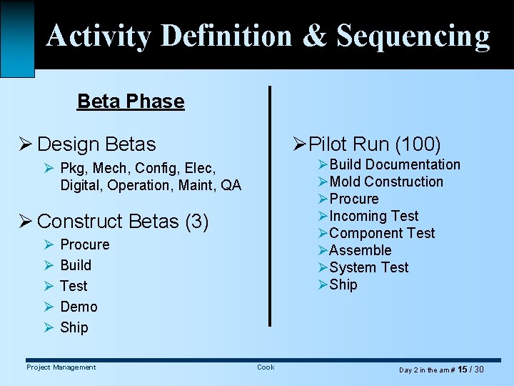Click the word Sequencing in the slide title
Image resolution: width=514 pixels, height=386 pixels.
pyautogui.click(x=413, y=36)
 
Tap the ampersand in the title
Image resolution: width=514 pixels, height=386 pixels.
pyautogui.click(x=314, y=36)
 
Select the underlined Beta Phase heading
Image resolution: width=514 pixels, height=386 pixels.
pyautogui.click(x=131, y=102)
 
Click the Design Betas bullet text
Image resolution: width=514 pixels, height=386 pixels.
pyautogui.click(x=96, y=144)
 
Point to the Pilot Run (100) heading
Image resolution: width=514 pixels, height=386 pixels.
pyautogui.click(x=375, y=144)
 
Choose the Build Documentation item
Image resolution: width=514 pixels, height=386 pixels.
pyautogui.click(x=395, y=165)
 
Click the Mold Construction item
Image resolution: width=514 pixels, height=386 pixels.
pyautogui.click(x=386, y=182)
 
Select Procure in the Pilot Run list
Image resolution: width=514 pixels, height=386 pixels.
pyautogui.click(x=353, y=199)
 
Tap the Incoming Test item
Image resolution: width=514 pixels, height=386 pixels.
pyautogui.click(x=373, y=217)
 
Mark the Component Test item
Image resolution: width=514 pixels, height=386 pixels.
pyautogui.click(x=382, y=234)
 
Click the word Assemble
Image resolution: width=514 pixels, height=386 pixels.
pyautogui.click(x=360, y=251)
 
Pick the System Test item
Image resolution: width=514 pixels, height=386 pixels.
pyautogui.click(x=368, y=268)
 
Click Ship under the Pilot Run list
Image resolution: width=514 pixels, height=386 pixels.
pyautogui.click(x=343, y=285)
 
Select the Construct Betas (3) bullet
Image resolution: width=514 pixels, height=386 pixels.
pyautogui.click(x=122, y=222)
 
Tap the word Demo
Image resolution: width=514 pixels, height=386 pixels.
pyautogui.click(x=79, y=307)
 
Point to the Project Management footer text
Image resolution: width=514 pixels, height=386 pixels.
pyautogui.click(x=61, y=367)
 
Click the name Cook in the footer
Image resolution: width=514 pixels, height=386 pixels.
pyautogui.click(x=266, y=367)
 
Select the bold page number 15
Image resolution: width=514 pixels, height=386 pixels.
pyautogui.click(x=462, y=370)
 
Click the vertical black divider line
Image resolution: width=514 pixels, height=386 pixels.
pyautogui.click(x=269, y=207)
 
